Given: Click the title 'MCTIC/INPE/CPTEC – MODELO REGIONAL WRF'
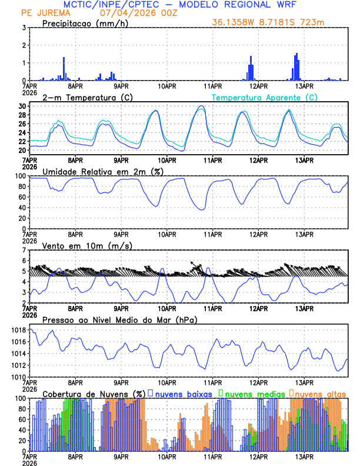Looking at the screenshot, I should coord(180,5).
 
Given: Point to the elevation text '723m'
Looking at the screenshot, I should coord(314,22).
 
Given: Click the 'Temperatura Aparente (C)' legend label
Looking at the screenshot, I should coord(265,97).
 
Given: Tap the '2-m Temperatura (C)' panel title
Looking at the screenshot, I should coord(82,96).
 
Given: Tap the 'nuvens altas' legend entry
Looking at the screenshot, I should coord(321,394).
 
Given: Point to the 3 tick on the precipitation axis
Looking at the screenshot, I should coord(24,28).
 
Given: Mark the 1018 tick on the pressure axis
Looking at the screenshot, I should coord(19,331).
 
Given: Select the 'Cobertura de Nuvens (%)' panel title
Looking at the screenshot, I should coord(94,394).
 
